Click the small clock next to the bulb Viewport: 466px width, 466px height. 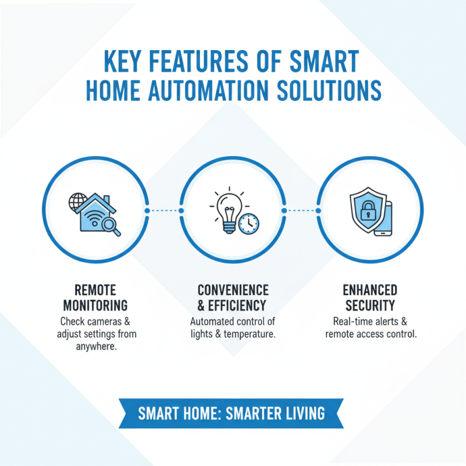[x=249, y=223]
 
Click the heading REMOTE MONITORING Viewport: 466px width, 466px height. [x=95, y=298]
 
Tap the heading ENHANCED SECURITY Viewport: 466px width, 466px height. [x=370, y=298]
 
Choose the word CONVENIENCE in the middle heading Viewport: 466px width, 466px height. [x=233, y=290]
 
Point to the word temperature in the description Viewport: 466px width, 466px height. [x=252, y=334]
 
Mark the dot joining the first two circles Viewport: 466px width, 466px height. [x=147, y=210]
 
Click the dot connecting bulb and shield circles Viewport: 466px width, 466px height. [x=283, y=210]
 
